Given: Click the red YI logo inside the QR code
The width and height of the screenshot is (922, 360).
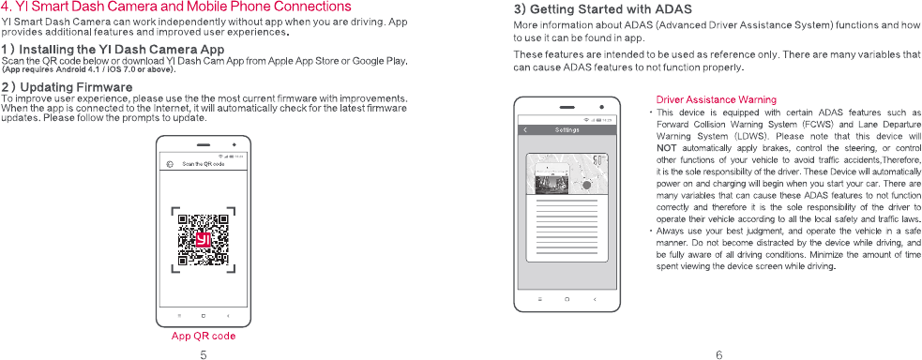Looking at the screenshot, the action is [204, 241].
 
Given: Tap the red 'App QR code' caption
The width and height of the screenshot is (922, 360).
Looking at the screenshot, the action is [204, 337].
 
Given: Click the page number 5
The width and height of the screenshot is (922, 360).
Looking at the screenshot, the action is [203, 354].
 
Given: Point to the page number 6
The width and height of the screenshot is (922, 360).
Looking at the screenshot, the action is [719, 354].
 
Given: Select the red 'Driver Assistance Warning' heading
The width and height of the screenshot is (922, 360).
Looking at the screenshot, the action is [716, 99].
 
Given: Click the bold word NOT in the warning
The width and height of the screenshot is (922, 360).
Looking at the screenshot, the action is [665, 147].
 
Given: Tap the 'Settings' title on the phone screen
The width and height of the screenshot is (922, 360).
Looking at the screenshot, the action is [567, 129].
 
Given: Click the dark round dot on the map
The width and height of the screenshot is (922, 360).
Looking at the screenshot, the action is [586, 186].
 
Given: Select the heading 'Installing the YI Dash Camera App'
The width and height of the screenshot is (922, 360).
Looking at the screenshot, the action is [113, 48].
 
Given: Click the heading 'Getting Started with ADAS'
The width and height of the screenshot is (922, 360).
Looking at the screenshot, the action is [603, 10].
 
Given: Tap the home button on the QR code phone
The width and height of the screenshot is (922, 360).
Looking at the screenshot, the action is [203, 316].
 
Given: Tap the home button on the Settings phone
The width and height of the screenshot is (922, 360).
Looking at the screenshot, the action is [567, 299].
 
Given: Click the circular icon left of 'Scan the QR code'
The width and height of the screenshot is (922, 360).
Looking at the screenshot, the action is [170, 164].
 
